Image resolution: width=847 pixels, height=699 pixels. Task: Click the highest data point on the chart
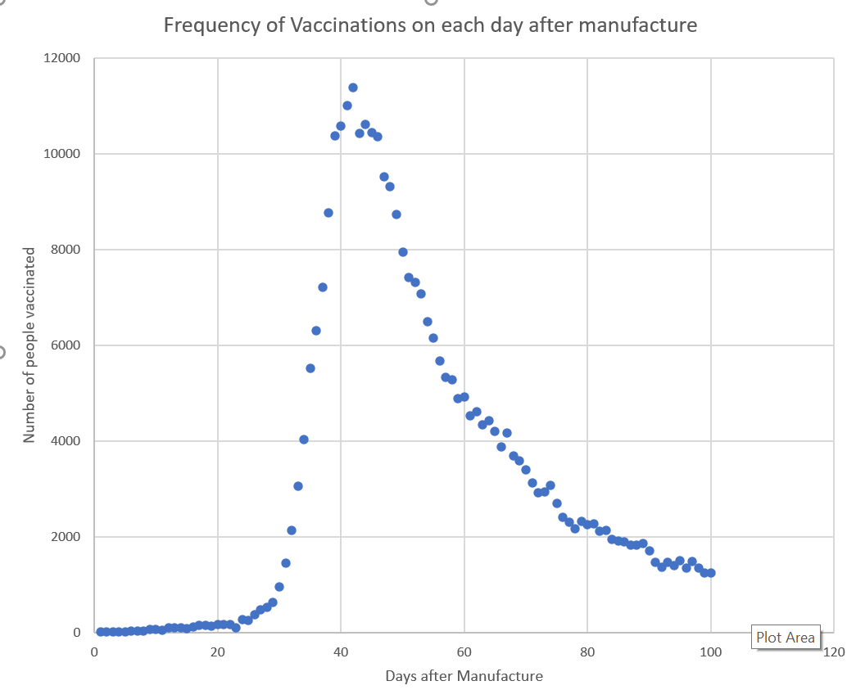point(353,88)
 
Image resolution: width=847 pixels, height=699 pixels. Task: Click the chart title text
point(431,25)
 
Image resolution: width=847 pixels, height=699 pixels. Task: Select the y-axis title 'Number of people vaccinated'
point(29,345)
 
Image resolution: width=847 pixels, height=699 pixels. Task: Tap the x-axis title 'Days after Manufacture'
point(464,676)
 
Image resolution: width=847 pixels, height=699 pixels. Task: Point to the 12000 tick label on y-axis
point(61,58)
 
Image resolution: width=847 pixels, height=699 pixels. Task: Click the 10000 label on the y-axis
point(61,154)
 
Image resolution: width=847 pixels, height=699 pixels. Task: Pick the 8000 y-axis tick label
point(66,250)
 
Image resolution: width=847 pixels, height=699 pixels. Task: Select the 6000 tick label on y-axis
point(66,345)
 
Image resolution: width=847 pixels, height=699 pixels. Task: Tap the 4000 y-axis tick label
point(66,441)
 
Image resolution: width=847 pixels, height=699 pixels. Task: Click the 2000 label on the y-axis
point(66,537)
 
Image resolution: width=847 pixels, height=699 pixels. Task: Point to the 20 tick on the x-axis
point(218,652)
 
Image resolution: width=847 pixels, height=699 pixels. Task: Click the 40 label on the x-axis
point(341,652)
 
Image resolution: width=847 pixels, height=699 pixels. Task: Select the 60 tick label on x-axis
point(464,652)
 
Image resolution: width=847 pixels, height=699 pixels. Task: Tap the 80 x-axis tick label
point(587,652)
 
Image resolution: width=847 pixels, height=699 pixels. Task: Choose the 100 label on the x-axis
point(710,652)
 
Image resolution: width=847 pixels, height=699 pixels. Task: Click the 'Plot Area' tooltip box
point(786,638)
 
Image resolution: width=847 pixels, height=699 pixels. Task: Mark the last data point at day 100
point(711,573)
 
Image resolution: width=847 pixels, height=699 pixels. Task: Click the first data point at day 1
point(101,632)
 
